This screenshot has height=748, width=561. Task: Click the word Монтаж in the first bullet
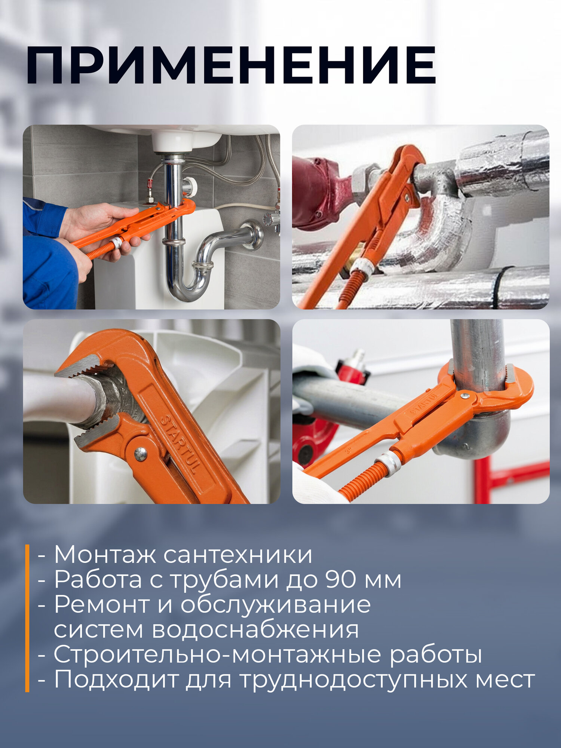pos(105,555)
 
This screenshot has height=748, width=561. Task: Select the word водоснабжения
pos(255,629)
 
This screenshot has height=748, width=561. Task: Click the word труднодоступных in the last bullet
pos(353,680)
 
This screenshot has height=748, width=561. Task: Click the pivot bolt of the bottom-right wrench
pos(465,395)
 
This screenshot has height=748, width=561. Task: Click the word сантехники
pos(238,555)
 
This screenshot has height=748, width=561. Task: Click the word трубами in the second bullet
pos(225,580)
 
